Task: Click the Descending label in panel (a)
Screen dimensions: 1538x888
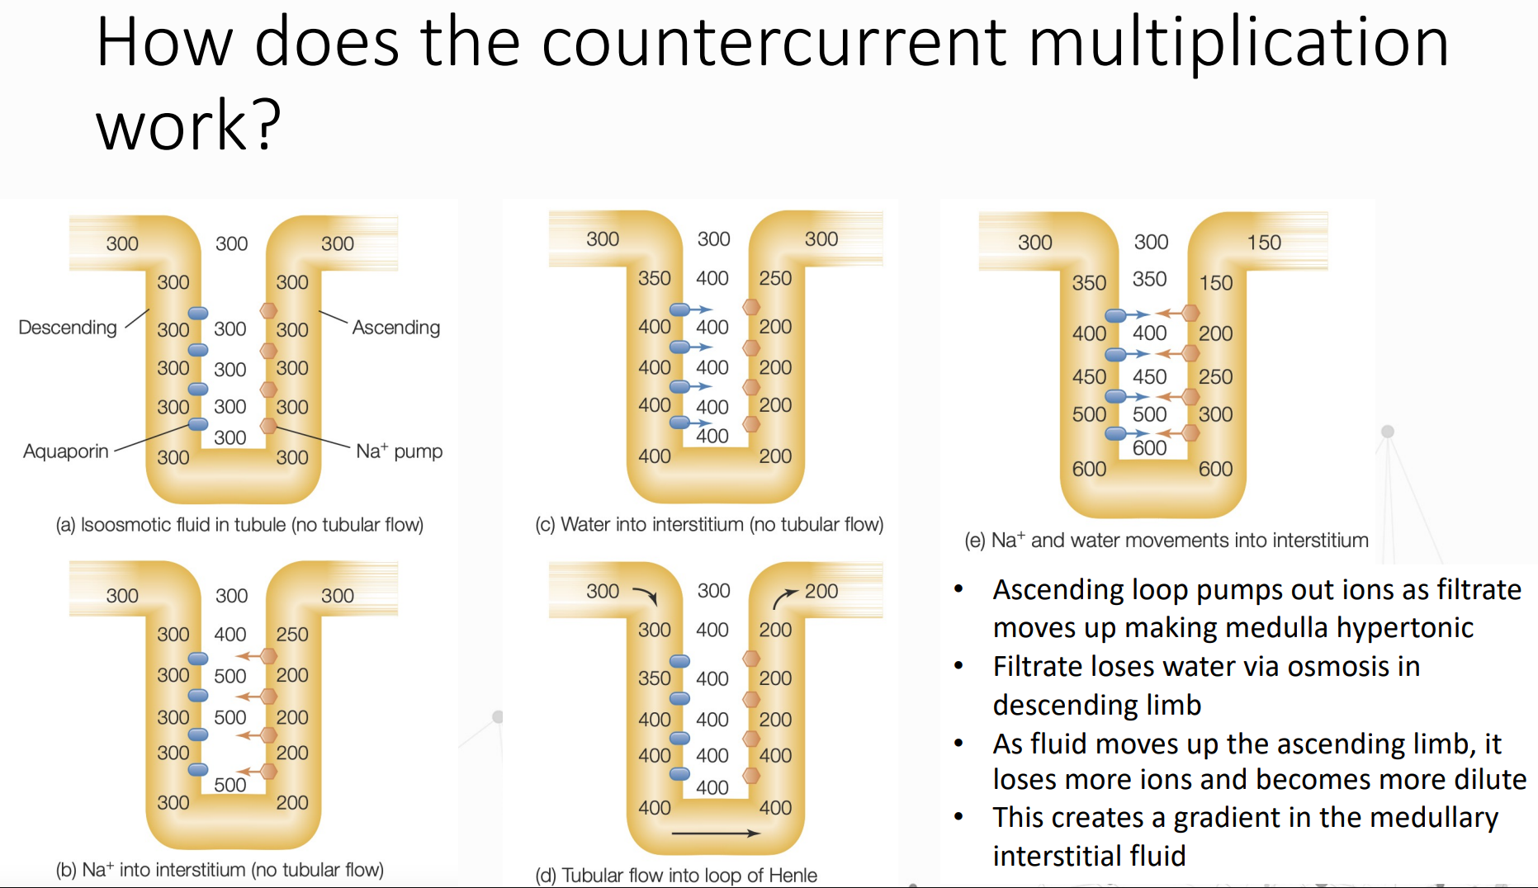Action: [x=68, y=328]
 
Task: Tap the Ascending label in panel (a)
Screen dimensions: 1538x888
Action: [x=396, y=328]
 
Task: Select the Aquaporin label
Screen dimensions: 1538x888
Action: [x=66, y=451]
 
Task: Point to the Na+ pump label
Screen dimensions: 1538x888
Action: [x=399, y=451]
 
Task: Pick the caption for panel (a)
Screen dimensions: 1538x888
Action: [x=239, y=525]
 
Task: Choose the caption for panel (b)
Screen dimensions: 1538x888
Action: [x=220, y=870]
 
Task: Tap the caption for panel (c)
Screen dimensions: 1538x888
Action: [x=709, y=525]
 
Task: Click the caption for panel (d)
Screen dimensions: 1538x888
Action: [x=676, y=875]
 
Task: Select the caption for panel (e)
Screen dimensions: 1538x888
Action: [x=1166, y=541]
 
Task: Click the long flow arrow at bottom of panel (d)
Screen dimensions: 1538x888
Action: [x=715, y=834]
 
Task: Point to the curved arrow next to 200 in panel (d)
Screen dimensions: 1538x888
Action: [x=784, y=597]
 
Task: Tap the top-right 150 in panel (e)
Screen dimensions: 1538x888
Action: [x=1264, y=243]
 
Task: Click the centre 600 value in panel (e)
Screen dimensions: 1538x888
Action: [x=1149, y=448]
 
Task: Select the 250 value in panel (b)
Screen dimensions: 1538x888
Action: [x=292, y=635]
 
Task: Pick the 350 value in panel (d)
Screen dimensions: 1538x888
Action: [x=655, y=678]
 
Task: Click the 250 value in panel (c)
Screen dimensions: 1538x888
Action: [x=775, y=279]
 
